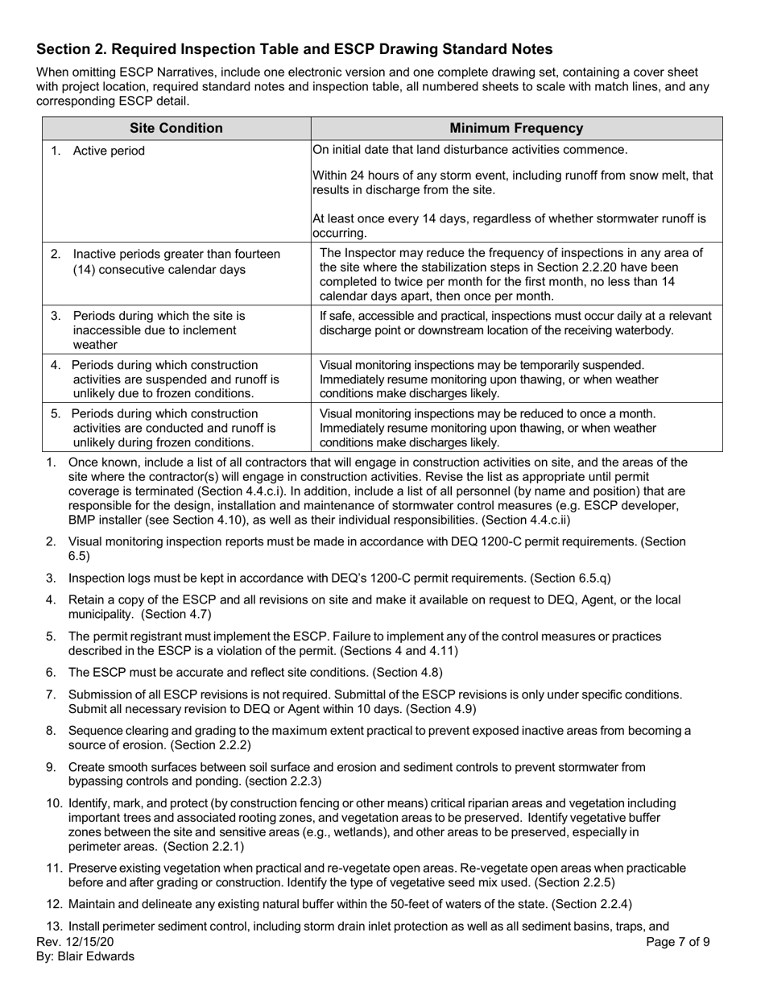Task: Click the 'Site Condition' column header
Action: coord(176,128)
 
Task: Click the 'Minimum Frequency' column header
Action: coord(516,128)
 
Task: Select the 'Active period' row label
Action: coord(109,151)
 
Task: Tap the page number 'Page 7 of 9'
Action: coord(678,941)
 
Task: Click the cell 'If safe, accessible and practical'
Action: coord(515,315)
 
